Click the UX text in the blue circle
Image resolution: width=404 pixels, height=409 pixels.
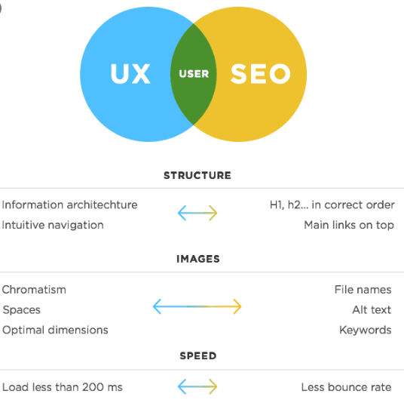[x=130, y=74]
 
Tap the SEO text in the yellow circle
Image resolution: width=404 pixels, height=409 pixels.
[x=261, y=74]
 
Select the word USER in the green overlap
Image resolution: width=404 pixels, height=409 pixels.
[x=194, y=74]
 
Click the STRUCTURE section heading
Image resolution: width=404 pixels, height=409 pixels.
[x=197, y=176]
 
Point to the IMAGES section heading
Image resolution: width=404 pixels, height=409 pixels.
[x=198, y=259]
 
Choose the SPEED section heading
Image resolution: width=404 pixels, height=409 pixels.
[x=198, y=355]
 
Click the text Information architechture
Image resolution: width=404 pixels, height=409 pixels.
[x=69, y=205]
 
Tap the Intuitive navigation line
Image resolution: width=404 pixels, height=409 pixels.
[x=53, y=225]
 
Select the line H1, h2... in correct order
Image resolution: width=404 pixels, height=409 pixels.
[x=332, y=205]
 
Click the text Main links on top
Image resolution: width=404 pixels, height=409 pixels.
[x=349, y=225]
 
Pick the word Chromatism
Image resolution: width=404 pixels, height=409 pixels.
[x=34, y=290]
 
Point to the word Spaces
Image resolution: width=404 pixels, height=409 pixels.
[x=22, y=310]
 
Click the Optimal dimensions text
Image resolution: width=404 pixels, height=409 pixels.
[x=55, y=331]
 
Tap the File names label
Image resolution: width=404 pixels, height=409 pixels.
[x=363, y=290]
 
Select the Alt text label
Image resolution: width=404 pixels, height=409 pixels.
[x=372, y=310]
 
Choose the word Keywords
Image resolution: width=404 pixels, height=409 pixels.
[x=366, y=331]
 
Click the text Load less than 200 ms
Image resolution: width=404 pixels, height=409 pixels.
[x=63, y=387]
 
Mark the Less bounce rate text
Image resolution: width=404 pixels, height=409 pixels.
[x=346, y=387]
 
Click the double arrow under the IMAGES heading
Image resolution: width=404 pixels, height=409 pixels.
[x=197, y=306]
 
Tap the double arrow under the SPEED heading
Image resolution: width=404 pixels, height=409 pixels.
[x=197, y=386]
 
